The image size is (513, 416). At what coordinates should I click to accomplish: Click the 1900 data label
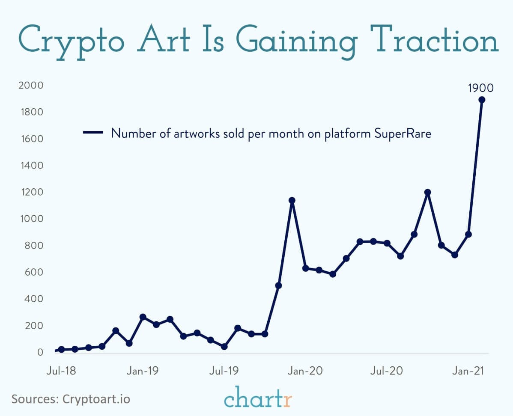click(480, 89)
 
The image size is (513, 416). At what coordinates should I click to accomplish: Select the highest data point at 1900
click(481, 100)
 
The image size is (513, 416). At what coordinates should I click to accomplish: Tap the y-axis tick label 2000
click(31, 86)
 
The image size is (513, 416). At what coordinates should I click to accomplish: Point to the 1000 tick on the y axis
click(31, 219)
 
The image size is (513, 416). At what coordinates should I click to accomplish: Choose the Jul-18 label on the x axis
click(61, 371)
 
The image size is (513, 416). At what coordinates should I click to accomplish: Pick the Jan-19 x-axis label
click(143, 371)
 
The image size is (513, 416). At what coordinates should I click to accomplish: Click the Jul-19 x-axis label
click(224, 371)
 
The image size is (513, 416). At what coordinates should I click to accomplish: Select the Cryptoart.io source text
click(96, 399)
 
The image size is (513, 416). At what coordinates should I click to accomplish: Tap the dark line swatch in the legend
click(93, 133)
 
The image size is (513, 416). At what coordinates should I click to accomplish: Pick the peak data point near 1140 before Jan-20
click(292, 200)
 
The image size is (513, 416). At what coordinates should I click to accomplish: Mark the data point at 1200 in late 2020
click(427, 192)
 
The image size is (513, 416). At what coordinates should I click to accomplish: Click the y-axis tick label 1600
click(31, 139)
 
